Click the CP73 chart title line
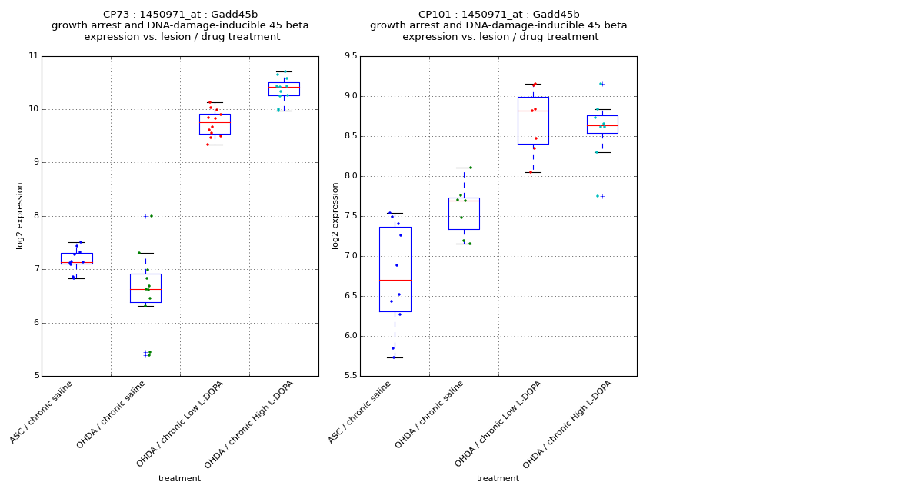pos(180,15)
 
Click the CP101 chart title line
pos(498,15)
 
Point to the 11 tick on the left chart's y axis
pos(33,56)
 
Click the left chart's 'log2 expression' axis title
pos(20,215)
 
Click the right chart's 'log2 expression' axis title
pos(335,215)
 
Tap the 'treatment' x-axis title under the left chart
pos(179,479)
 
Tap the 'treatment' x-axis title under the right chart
pos(498,479)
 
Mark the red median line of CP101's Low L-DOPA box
pos(533,111)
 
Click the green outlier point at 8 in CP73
pos(151,216)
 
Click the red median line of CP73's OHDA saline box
pos(145,289)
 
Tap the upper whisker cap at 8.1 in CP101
pos(464,168)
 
